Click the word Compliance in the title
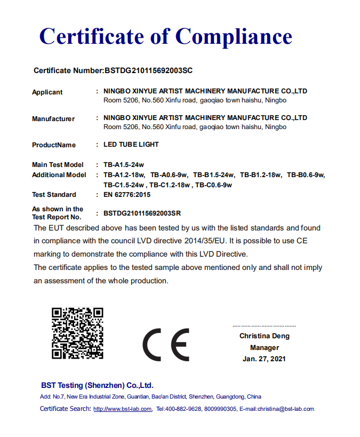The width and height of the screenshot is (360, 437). pos(234,36)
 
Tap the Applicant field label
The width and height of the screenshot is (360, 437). pos(47,92)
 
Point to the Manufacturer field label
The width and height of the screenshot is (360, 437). pos(53,118)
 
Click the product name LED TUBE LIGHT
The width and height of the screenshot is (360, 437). pos(131,145)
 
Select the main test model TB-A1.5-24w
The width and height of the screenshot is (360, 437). pos(124,165)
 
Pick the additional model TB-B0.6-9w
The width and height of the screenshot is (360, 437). pos(306,175)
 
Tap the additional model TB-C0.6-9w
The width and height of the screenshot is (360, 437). pos(213,185)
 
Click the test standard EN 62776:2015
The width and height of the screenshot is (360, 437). pos(127,195)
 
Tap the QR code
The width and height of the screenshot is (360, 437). pos(77,333)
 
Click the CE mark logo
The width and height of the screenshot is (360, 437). pos(166,344)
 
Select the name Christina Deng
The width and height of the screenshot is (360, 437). pos(265,336)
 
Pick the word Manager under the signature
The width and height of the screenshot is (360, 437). pos(265,347)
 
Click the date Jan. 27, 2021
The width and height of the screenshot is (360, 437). pos(264,359)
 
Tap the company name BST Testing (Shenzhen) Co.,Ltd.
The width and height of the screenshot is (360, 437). pos(97,385)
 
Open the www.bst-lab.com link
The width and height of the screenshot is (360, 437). pos(123,409)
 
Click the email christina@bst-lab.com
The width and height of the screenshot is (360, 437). pos(285,409)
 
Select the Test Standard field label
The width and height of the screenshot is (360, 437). pos(54,195)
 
